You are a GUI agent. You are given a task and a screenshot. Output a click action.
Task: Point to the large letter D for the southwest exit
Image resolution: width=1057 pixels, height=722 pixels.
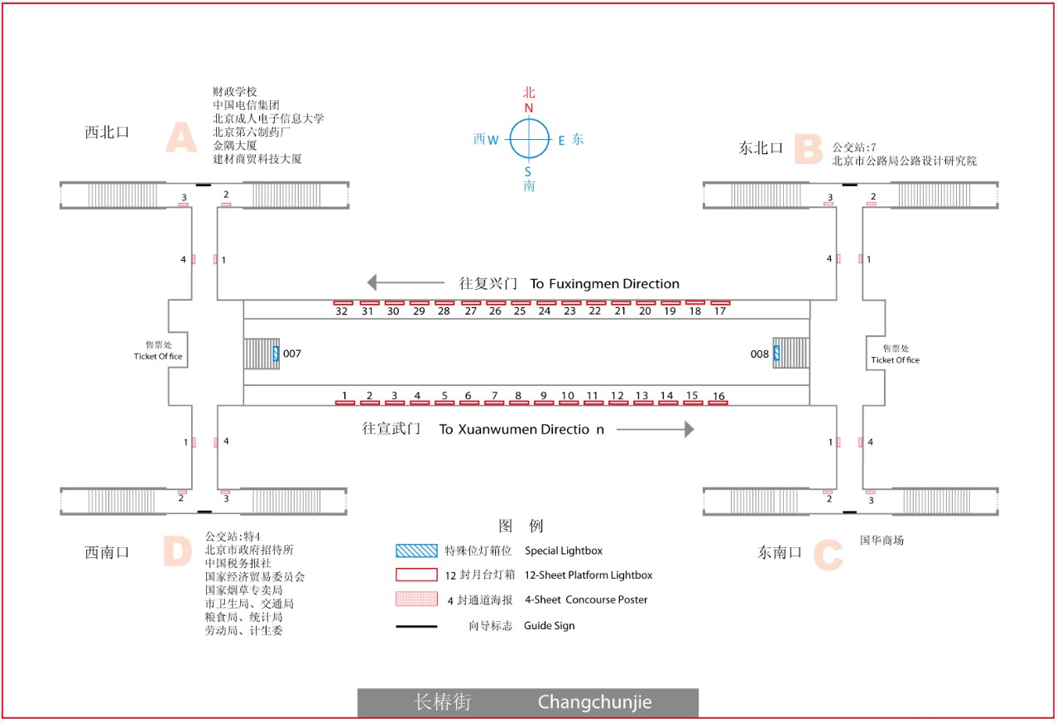tap(178, 551)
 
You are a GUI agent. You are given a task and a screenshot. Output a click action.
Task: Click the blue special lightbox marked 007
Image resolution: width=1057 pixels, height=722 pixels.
tap(276, 354)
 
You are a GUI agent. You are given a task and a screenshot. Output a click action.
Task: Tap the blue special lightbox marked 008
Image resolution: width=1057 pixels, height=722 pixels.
tap(776, 354)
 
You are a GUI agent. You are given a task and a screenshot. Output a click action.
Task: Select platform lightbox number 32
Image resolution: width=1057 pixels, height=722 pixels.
tap(343, 303)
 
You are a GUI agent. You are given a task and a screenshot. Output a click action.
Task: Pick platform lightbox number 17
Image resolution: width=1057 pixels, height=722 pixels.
tap(720, 303)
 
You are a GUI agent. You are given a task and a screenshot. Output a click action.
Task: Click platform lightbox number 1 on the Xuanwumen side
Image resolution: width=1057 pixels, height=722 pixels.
tap(344, 402)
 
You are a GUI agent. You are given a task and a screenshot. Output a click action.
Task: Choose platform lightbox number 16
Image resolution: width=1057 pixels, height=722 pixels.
tap(718, 402)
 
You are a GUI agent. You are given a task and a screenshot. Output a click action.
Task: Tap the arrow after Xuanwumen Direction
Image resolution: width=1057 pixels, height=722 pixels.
tap(655, 429)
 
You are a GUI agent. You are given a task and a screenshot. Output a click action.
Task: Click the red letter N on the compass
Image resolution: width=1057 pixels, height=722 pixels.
tap(529, 108)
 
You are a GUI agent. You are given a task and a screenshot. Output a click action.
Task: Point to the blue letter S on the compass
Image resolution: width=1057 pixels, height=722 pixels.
tap(528, 171)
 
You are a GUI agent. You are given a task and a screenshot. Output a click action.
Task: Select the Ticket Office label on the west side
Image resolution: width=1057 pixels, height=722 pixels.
tap(158, 357)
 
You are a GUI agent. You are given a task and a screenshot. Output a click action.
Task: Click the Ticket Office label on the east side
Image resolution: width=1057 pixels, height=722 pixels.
tap(895, 360)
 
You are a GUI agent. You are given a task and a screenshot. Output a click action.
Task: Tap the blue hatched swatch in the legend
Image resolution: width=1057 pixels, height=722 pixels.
tap(416, 551)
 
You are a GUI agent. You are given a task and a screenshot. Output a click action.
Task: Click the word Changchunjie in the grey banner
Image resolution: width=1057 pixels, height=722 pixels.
tap(594, 703)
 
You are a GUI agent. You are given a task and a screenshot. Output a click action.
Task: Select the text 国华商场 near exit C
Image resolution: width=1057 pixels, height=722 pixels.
tap(882, 541)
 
